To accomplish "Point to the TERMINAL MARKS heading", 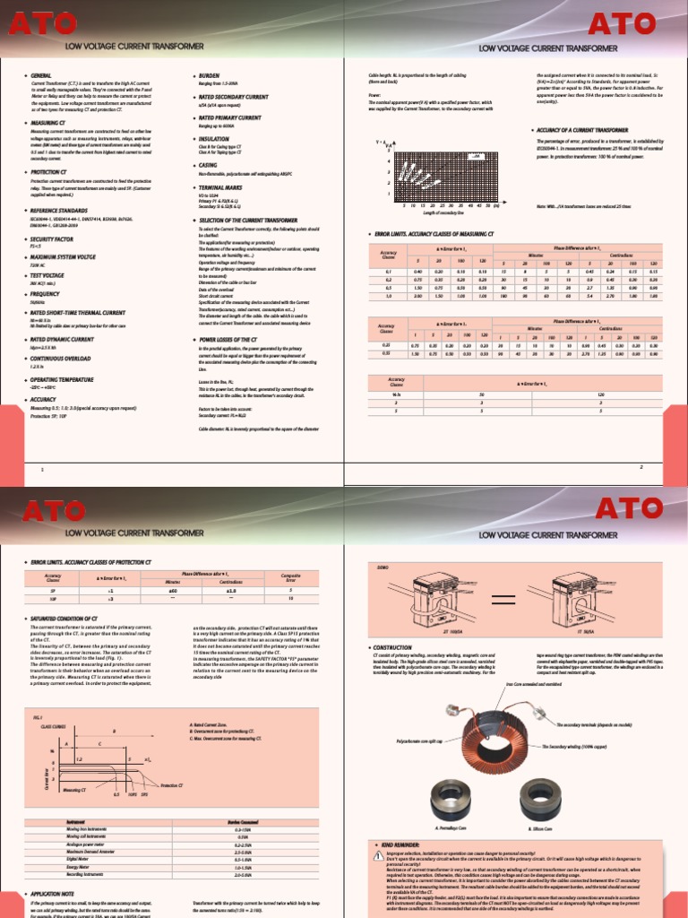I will click(x=225, y=186).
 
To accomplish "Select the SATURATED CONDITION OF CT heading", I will click(x=70, y=619).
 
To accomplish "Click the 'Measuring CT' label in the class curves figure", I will click(x=78, y=791).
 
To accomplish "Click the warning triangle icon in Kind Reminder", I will click(x=378, y=856).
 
